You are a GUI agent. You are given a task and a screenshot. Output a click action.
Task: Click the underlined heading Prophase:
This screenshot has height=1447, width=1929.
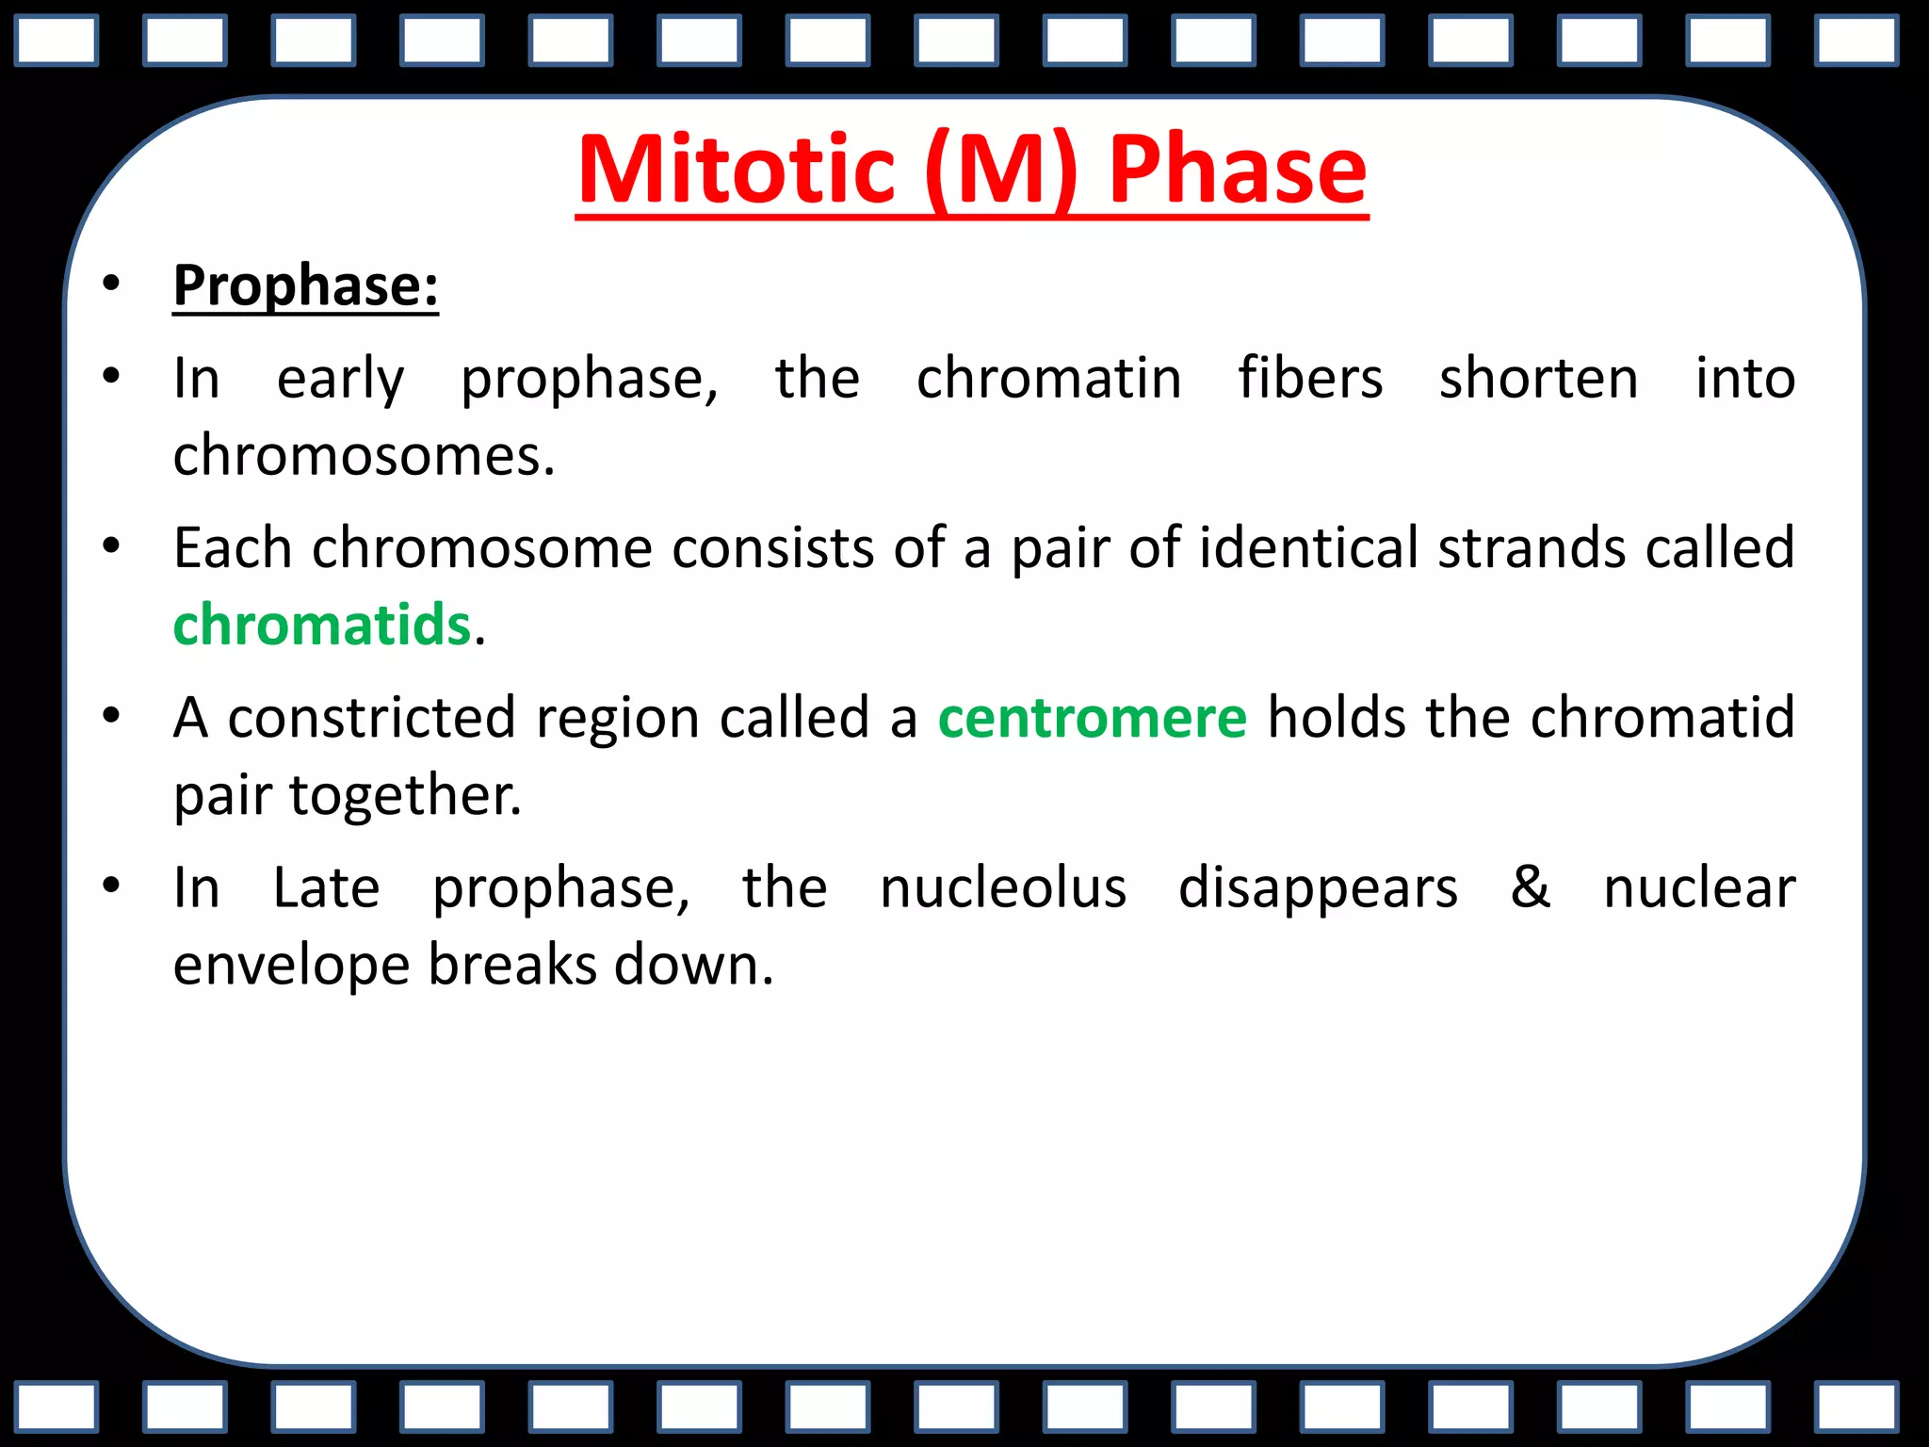tap(306, 285)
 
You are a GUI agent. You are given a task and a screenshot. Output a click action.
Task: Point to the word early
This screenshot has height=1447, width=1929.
tap(340, 380)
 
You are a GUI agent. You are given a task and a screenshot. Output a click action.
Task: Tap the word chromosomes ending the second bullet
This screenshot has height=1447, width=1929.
tap(364, 456)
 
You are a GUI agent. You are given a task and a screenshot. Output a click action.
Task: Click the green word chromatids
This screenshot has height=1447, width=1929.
tap(322, 625)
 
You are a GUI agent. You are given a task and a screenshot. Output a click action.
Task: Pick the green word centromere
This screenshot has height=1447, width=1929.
tap(1093, 718)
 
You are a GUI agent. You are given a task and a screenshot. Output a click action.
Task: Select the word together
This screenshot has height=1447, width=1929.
tap(404, 796)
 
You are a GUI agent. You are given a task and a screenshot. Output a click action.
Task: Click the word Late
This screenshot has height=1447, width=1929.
tap(326, 887)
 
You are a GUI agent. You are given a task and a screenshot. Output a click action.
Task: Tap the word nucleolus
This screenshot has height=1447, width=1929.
tap(1003, 887)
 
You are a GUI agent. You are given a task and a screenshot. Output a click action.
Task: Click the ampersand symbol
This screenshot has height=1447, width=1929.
tap(1531, 887)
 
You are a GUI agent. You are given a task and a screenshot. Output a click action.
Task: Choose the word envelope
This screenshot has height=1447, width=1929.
tap(291, 967)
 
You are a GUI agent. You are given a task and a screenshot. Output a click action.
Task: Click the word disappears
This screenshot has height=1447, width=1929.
tap(1318, 887)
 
